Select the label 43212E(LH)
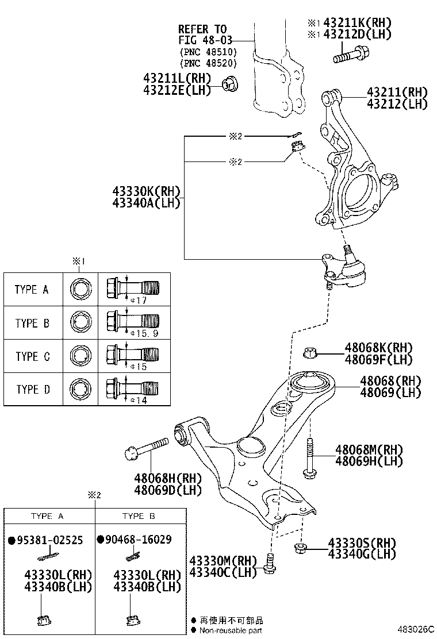tap(177, 90)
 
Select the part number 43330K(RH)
tap(147, 191)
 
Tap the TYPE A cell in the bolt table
tap(32, 290)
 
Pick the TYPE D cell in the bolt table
tap(32, 390)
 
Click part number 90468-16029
tap(139, 540)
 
